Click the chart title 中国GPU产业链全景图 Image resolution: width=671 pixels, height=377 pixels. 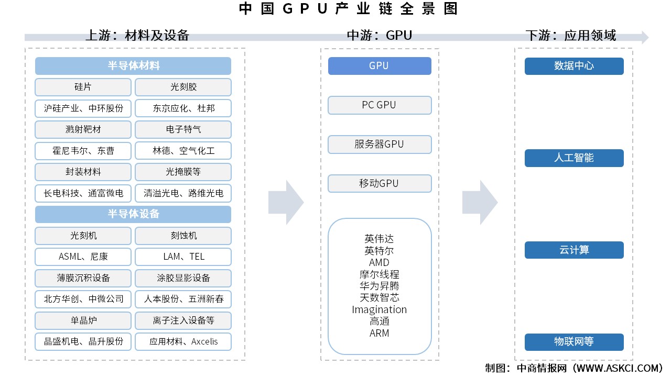(348, 9)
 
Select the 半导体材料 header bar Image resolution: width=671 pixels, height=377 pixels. (133, 66)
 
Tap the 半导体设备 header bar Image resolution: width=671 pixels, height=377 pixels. (133, 214)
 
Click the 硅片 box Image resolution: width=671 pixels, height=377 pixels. (83, 87)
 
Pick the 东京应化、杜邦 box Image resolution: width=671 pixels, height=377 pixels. (183, 108)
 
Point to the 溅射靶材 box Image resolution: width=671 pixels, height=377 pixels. (83, 129)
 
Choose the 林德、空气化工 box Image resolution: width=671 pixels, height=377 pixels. (183, 151)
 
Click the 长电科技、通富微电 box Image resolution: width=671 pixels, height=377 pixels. (83, 193)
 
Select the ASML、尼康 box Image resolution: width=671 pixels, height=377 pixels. (83, 257)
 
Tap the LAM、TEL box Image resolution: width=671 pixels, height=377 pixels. (183, 257)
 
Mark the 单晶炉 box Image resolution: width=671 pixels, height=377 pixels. (83, 320)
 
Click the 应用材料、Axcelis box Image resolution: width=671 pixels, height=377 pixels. (183, 341)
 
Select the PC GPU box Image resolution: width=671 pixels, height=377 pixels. (380, 105)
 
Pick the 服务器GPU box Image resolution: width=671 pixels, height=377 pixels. (380, 145)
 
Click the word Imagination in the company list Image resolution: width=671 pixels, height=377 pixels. (380, 309)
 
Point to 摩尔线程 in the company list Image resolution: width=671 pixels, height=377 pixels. (380, 274)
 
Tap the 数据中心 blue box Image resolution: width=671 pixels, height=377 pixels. (574, 66)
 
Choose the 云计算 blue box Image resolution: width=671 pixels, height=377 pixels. (574, 250)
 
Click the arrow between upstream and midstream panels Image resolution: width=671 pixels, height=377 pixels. (286, 202)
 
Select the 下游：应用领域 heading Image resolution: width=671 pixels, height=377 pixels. (571, 35)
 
